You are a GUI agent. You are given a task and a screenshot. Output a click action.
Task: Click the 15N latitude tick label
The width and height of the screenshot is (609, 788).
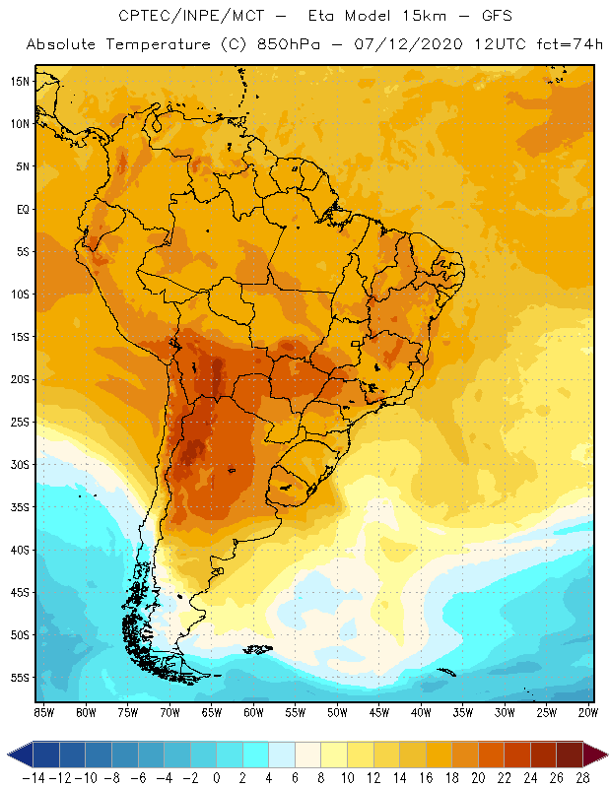20,81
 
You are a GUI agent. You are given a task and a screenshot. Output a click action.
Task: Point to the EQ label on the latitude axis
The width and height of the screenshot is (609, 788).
22,209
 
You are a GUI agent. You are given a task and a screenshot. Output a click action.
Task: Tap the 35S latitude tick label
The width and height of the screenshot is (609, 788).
20,507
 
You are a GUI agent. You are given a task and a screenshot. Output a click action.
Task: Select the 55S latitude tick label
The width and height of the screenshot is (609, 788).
20,678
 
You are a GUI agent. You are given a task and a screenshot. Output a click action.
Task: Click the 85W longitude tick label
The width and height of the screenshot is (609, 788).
43,712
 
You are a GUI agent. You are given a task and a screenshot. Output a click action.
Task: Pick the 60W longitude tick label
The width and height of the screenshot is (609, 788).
253,712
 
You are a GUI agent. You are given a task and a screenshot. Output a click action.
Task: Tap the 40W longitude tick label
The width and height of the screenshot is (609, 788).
421,712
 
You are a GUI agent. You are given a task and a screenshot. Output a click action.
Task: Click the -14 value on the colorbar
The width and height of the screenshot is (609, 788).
33,777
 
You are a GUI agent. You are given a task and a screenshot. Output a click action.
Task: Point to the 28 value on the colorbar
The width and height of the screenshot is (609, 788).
582,777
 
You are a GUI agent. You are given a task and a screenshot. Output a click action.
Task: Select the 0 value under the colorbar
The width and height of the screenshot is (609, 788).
217,777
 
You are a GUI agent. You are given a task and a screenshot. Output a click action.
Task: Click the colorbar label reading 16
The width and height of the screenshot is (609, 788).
426,777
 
